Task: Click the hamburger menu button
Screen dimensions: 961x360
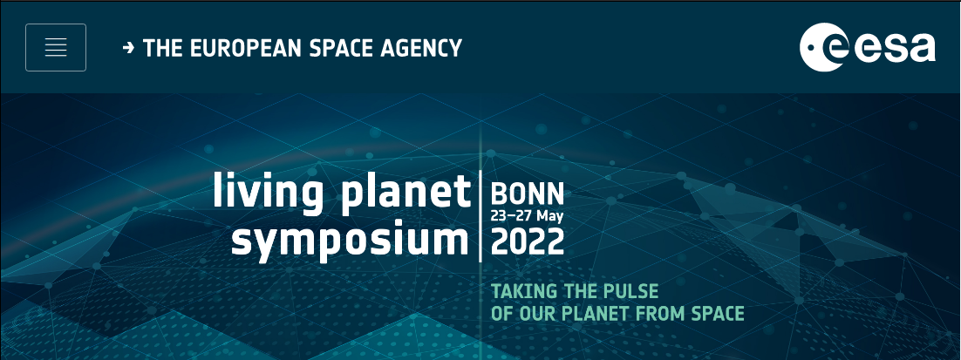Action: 56,47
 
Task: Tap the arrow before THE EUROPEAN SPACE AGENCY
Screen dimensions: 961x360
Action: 128,48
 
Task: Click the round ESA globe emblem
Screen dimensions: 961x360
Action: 824,47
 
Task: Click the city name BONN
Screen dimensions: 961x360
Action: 527,194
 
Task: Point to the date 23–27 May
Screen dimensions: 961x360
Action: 527,216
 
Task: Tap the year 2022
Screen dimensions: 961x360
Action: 527,241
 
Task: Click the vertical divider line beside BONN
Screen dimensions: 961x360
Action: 481,217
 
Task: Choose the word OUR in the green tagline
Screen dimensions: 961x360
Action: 537,314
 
